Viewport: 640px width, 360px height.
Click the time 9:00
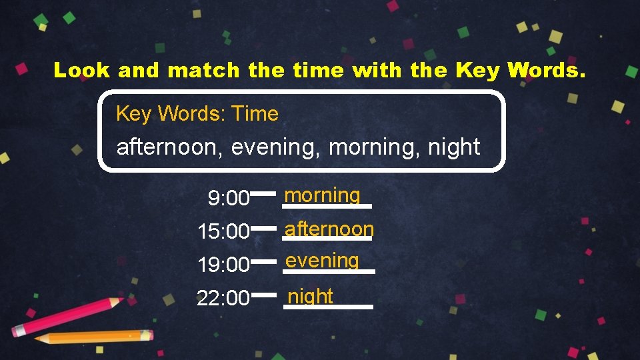pos(228,198)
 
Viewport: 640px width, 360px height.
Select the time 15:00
pos(223,232)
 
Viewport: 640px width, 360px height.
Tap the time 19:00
pos(223,265)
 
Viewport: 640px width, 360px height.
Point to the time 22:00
pos(223,298)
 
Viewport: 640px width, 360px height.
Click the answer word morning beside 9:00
pos(322,195)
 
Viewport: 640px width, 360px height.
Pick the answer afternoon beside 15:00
pos(329,229)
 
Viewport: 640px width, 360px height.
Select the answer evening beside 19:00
pos(323,261)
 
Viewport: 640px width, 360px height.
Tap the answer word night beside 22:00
pos(310,295)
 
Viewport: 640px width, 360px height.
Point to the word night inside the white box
pos(455,147)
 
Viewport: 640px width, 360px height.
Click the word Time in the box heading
pos(255,113)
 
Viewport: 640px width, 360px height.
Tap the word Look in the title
pos(81,70)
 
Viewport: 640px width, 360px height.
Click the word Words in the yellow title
pos(546,70)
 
